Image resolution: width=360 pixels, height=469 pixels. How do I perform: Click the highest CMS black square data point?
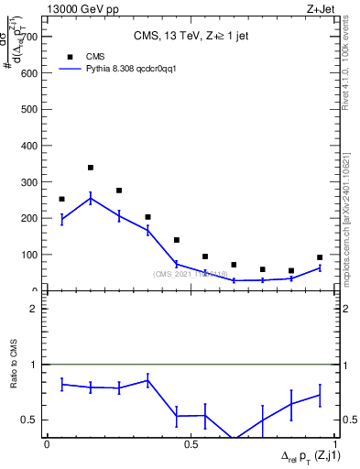click(x=91, y=168)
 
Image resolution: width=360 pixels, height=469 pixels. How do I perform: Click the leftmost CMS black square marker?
click(x=61, y=199)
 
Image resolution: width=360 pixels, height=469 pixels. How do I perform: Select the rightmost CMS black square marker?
click(x=320, y=257)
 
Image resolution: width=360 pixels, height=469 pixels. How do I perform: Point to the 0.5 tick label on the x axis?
click(x=190, y=443)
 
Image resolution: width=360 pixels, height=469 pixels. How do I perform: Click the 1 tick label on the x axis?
click(x=333, y=443)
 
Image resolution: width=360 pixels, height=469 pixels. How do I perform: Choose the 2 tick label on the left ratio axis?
click(x=34, y=309)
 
